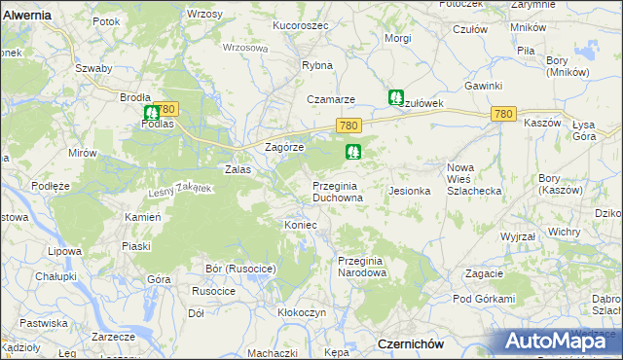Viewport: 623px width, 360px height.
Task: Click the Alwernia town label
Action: [x=26, y=16]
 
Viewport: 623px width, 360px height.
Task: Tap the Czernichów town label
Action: [x=410, y=343]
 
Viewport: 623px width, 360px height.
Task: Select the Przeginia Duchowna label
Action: [x=338, y=191]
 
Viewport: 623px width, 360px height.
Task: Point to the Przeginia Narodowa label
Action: [x=362, y=267]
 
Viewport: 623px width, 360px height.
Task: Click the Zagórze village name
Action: [x=285, y=146]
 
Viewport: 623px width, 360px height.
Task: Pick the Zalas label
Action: [x=238, y=168]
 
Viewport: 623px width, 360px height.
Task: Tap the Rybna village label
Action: [x=317, y=65]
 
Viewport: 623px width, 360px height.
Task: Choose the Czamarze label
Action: [x=331, y=99]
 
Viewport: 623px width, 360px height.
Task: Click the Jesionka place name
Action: [x=410, y=191]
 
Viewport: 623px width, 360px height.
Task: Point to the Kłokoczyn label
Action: [x=301, y=312]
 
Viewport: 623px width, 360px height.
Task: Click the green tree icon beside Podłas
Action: [x=151, y=113]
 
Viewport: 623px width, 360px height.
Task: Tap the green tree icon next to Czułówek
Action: [x=396, y=97]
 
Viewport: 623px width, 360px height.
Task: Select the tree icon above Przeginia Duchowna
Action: [x=352, y=152]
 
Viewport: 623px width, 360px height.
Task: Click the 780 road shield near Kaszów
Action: [x=502, y=115]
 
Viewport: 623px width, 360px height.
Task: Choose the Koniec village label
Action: [x=301, y=225]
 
